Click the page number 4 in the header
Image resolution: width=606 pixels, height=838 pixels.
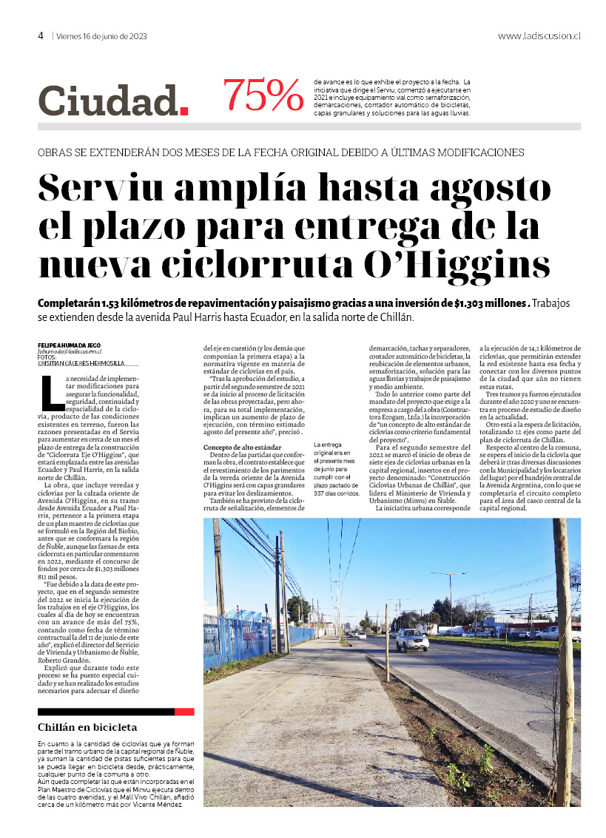41,36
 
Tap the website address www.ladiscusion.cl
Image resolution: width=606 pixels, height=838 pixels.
539,36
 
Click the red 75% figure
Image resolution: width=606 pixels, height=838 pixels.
263,96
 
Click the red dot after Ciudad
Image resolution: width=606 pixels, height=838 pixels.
184,112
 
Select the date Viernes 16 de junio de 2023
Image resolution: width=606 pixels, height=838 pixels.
102,36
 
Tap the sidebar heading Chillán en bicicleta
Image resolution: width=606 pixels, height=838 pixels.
87,728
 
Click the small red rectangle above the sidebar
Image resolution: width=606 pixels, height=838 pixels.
184,712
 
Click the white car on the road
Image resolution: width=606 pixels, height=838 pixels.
411,640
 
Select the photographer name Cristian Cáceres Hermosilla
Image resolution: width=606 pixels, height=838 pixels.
81,363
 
